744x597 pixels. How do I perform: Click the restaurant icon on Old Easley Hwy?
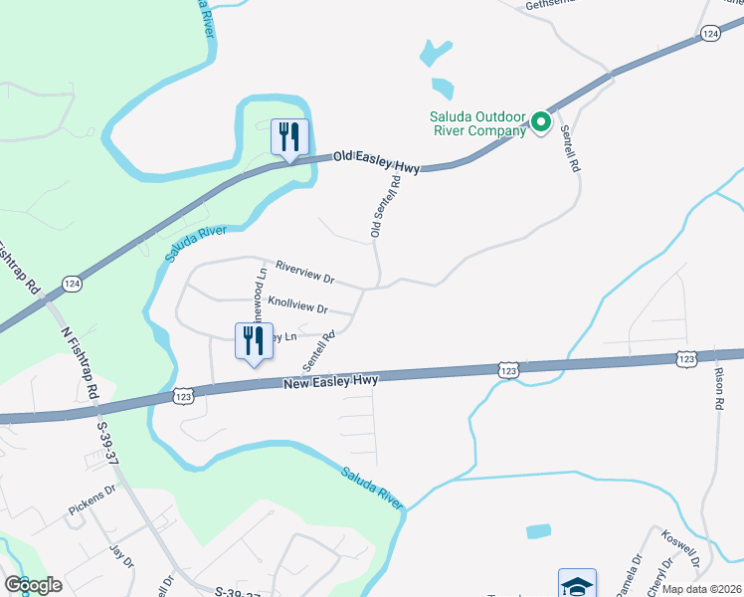(x=289, y=136)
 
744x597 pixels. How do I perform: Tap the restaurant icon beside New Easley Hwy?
(x=253, y=341)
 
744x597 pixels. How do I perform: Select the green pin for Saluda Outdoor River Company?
(x=541, y=122)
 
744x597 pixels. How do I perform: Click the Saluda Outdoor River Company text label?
(x=477, y=123)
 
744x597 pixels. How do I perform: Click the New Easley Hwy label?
(x=331, y=381)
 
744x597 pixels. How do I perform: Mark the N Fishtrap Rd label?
(x=79, y=363)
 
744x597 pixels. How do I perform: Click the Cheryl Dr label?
(x=656, y=576)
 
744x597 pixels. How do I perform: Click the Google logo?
(x=32, y=585)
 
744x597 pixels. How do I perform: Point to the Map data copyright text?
(x=702, y=589)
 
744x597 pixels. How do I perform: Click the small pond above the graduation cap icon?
(x=538, y=531)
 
